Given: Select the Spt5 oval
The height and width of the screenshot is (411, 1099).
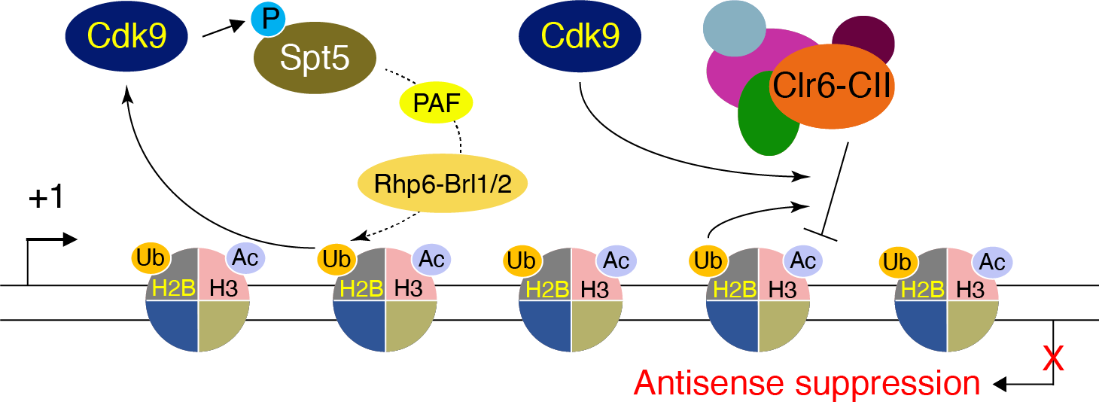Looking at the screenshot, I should (x=315, y=59).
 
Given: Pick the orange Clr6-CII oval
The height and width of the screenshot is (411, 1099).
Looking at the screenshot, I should (x=830, y=87).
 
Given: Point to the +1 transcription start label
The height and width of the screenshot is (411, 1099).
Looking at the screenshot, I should (x=47, y=198).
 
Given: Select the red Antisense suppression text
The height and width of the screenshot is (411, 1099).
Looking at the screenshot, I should (x=807, y=383).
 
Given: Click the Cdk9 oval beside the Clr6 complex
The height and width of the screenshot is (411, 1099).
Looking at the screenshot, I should (x=581, y=36).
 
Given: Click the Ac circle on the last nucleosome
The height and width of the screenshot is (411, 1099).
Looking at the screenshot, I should (x=992, y=262).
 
